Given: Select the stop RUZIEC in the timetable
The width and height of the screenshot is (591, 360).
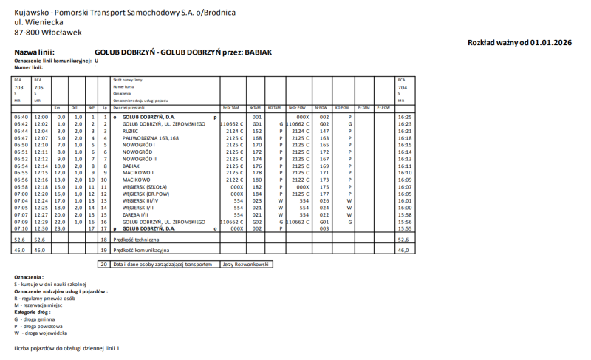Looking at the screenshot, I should point(131,131).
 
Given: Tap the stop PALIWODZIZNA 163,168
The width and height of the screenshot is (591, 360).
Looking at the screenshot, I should point(151,137).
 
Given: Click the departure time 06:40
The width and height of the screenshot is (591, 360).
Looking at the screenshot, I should point(21,117).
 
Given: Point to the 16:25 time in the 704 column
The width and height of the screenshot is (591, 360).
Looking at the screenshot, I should point(403,117).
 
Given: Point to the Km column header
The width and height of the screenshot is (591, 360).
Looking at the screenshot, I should point(58,107).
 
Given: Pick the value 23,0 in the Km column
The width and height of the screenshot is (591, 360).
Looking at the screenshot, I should point(61,228).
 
